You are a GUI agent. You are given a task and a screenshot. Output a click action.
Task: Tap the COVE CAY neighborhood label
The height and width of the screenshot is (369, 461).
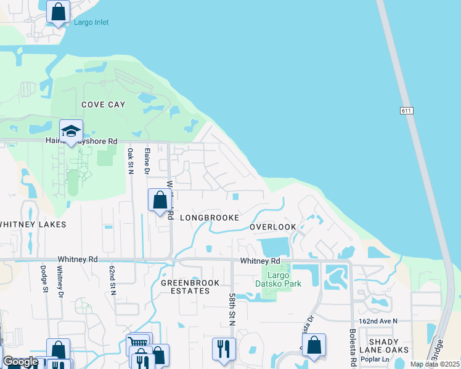[x=104, y=105]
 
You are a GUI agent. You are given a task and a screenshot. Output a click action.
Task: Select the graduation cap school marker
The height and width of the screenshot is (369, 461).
[x=71, y=131]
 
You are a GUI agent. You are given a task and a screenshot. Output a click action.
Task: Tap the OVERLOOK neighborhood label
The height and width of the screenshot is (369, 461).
[x=272, y=227]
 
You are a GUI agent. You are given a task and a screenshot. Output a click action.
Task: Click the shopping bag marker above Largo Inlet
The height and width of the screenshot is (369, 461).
[x=58, y=12]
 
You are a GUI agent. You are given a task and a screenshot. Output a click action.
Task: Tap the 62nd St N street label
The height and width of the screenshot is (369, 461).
[x=113, y=280]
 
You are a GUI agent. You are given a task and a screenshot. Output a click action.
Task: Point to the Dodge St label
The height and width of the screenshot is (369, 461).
[x=44, y=278]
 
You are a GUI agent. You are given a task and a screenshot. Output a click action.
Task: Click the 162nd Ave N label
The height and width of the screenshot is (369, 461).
[x=378, y=321]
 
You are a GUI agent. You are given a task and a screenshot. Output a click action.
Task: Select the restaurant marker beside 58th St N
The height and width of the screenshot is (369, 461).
[x=224, y=348]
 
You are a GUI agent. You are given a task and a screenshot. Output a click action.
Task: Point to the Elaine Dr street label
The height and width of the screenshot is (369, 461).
[x=147, y=161]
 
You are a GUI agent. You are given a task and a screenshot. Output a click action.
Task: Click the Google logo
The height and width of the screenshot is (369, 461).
[x=20, y=362]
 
